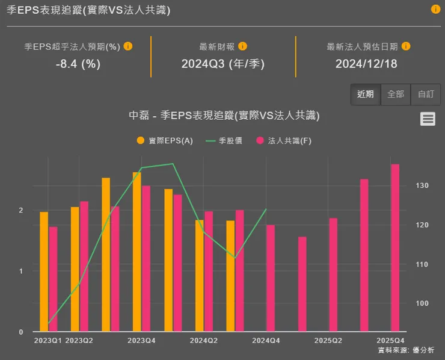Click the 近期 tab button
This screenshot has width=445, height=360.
[365, 95]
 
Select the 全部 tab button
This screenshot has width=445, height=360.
[396, 95]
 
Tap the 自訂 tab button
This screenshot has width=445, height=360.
[426, 95]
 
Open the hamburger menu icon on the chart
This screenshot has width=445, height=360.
[428, 119]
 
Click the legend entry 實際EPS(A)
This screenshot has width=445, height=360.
[165, 140]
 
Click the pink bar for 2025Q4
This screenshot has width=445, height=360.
[395, 247]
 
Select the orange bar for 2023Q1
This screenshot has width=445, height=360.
[44, 272]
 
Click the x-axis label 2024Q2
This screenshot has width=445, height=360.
[204, 341]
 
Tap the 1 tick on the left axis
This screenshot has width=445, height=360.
[20, 272]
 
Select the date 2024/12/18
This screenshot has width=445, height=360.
[366, 64]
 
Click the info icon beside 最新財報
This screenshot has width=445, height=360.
[242, 46]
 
